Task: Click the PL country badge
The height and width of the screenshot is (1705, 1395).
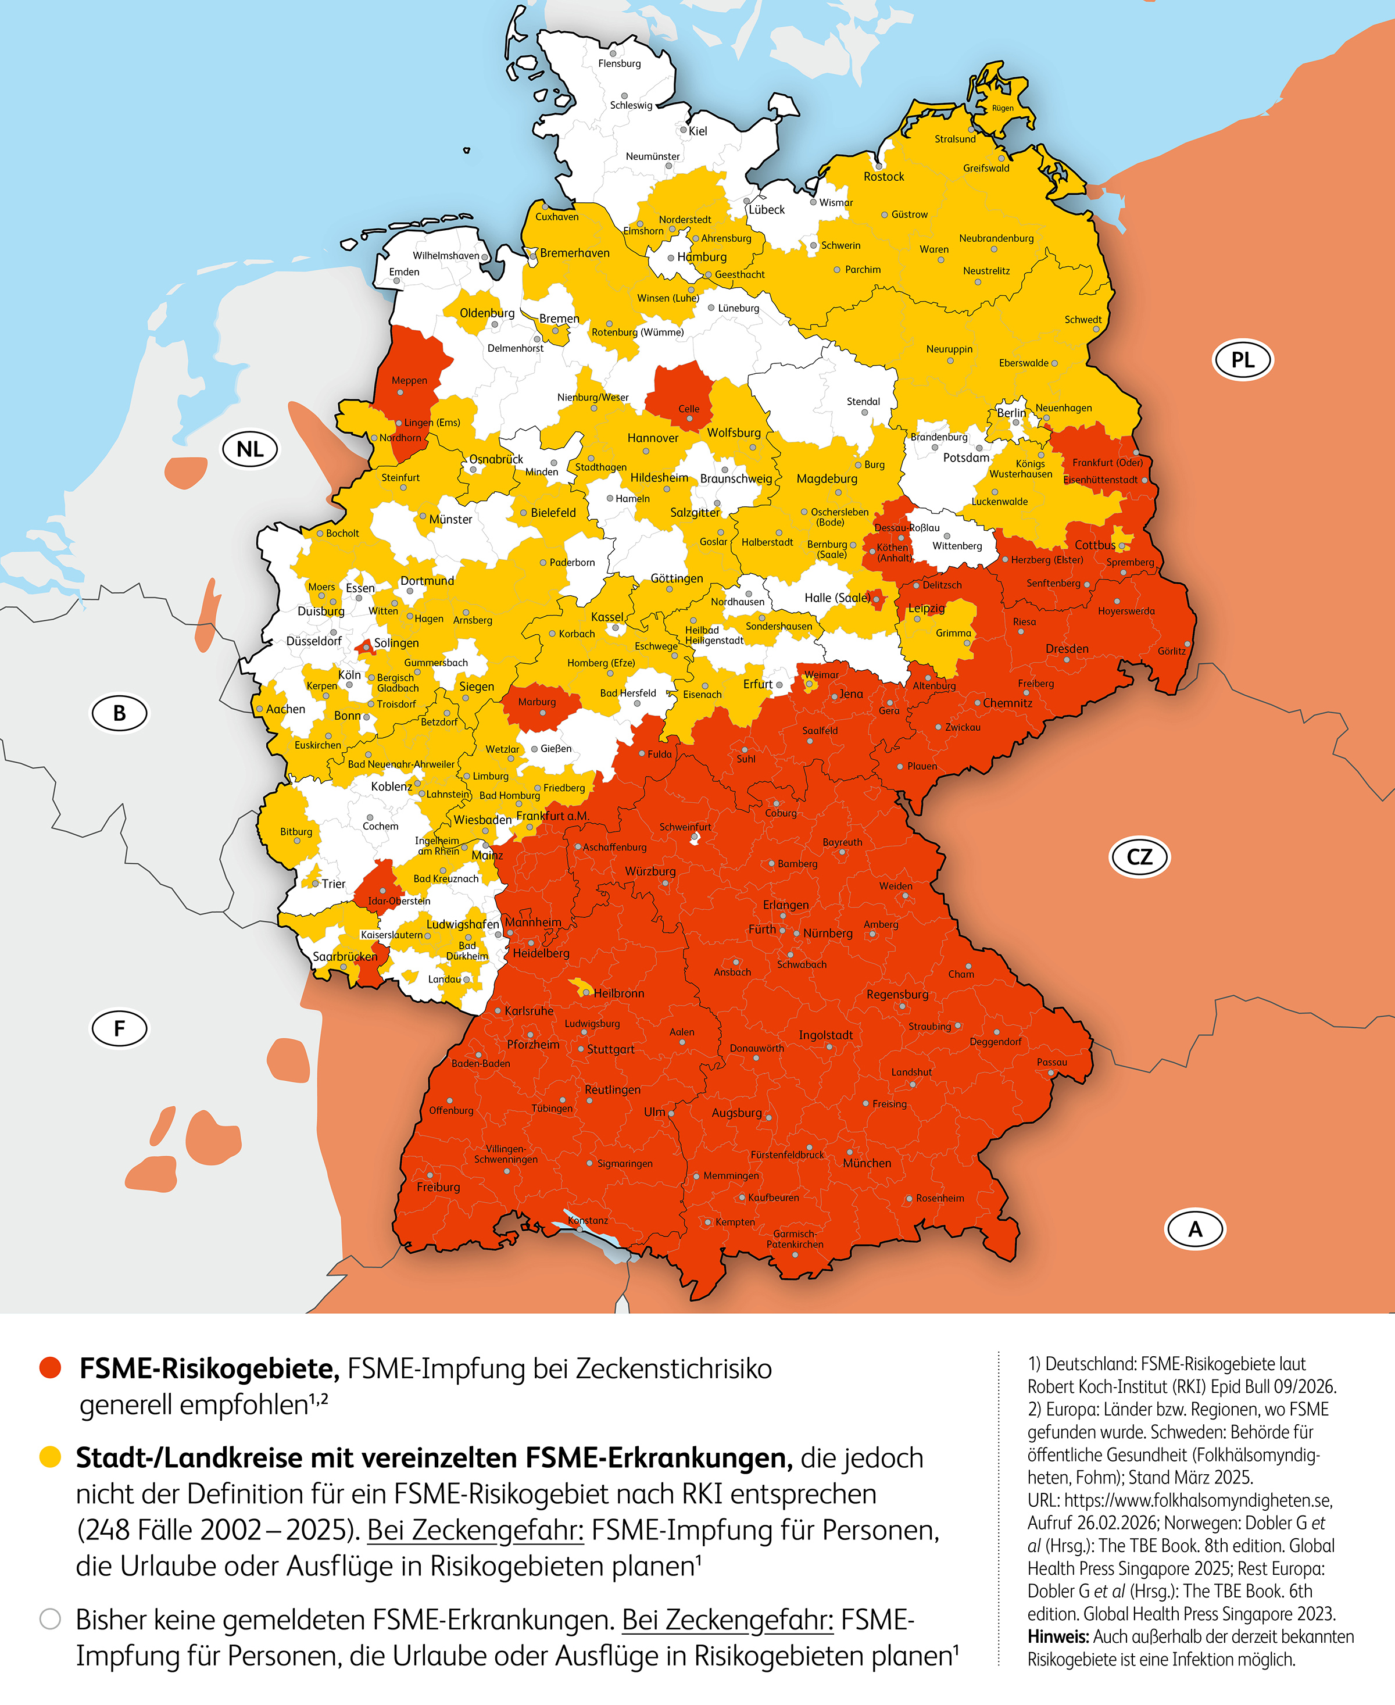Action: [x=1242, y=360]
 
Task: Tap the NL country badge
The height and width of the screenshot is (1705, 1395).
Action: [x=250, y=449]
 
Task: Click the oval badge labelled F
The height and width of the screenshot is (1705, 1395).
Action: [x=119, y=1028]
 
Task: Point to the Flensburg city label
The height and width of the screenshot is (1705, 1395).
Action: [x=620, y=63]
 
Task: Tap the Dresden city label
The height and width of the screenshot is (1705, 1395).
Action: [x=1067, y=648]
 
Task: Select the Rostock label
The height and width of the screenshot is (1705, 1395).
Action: [x=884, y=177]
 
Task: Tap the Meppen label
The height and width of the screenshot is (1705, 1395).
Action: [x=409, y=380]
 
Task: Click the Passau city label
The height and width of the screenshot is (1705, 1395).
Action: [x=1052, y=1061]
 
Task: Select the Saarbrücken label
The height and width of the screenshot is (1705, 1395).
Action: [x=345, y=956]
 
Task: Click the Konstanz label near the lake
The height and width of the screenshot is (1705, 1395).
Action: [x=588, y=1220]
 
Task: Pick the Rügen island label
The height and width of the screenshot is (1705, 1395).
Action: [x=1002, y=108]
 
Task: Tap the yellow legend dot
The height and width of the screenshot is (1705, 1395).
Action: [x=51, y=1457]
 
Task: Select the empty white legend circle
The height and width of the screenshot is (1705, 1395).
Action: [x=51, y=1618]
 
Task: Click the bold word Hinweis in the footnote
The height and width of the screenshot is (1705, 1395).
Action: [x=1057, y=1637]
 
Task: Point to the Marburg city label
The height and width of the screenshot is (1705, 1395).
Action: [x=537, y=702]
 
